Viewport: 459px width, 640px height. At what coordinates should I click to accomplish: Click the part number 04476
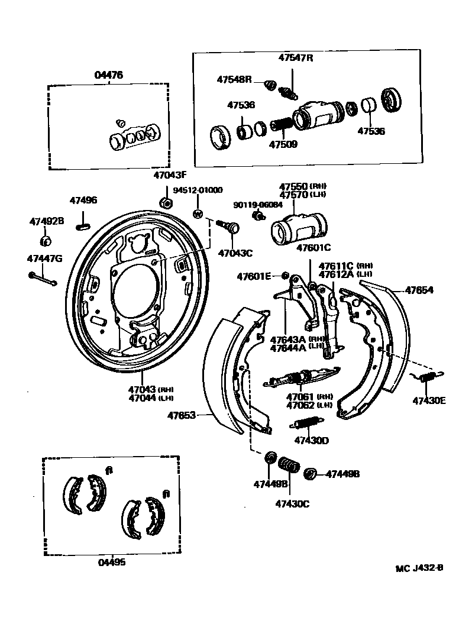109,75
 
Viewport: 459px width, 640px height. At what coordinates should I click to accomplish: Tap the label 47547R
296,58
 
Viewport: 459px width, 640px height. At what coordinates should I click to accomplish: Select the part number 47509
283,144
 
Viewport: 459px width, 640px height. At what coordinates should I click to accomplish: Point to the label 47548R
234,79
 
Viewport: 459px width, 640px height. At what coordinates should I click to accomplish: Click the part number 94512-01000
198,190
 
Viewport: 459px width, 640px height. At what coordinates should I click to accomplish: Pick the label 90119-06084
258,205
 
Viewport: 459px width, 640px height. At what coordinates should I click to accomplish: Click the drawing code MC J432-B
419,568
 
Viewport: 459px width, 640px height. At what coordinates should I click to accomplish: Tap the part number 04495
111,563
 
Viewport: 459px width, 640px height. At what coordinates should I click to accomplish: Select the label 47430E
429,400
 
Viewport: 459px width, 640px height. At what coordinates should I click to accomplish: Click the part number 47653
182,415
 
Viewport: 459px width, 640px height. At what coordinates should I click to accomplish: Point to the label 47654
419,290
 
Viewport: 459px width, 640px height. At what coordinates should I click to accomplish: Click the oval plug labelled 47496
83,225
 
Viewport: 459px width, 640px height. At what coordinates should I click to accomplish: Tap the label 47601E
254,276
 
